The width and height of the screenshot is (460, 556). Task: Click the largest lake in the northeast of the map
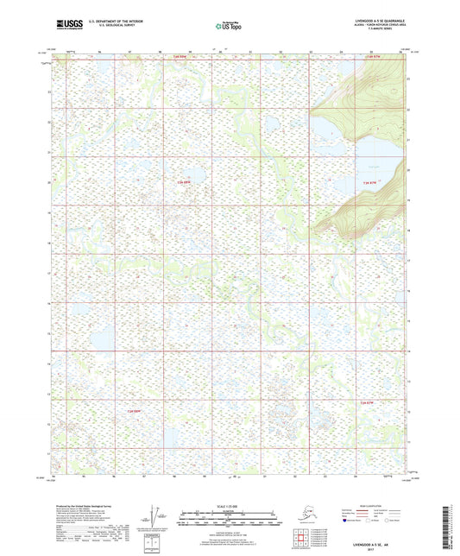click(x=362, y=163)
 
